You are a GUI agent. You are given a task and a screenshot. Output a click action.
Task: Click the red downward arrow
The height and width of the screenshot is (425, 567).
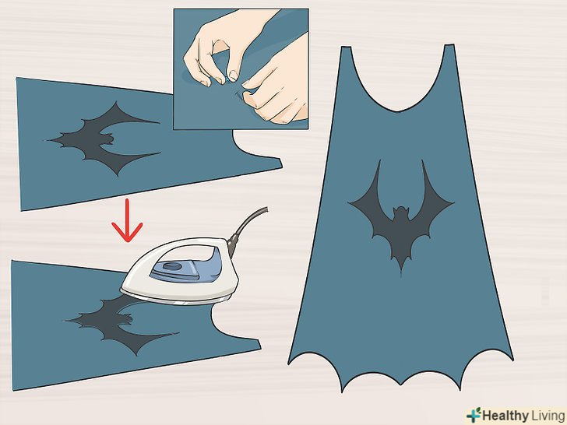pyautogui.click(x=127, y=220)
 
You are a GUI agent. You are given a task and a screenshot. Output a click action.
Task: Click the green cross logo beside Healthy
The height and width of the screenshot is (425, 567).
pyautogui.click(x=474, y=415)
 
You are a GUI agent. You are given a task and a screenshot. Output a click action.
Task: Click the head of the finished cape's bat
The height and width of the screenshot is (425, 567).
pyautogui.click(x=400, y=212)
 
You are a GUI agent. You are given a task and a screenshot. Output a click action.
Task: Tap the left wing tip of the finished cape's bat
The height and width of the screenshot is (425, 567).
pyautogui.click(x=349, y=203)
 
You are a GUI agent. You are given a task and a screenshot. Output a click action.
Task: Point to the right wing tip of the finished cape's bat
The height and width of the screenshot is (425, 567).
pyautogui.click(x=453, y=203)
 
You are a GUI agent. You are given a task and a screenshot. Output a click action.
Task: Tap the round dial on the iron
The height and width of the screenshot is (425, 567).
pyautogui.click(x=172, y=267)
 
